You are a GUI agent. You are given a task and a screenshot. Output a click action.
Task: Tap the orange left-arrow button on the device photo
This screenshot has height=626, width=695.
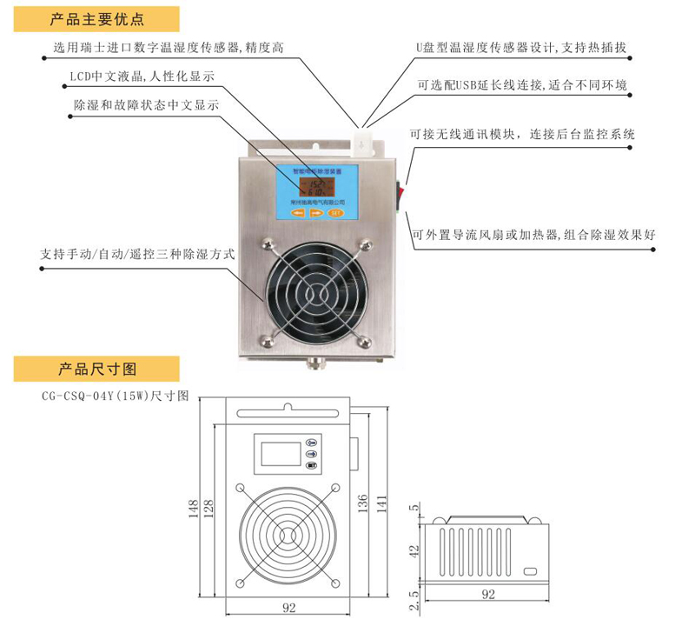(300, 211)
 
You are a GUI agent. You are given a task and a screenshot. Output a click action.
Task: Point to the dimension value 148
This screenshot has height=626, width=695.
(196, 506)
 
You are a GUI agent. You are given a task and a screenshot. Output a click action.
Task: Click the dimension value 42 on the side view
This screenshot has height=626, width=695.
(414, 549)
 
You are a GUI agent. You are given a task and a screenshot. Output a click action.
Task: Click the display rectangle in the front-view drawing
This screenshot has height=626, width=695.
(277, 454)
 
